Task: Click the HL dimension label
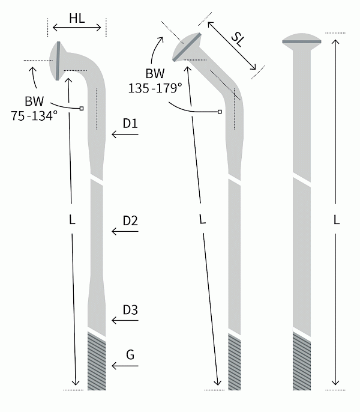tap(77, 19)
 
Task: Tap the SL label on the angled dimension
tap(238, 40)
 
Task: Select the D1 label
tap(130, 123)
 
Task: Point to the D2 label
tap(130, 221)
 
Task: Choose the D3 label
tap(130, 310)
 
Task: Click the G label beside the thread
tap(130, 355)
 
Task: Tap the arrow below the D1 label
tap(125, 135)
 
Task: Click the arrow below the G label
tap(125, 366)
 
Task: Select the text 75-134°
tap(34, 115)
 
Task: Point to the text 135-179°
tap(155, 88)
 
